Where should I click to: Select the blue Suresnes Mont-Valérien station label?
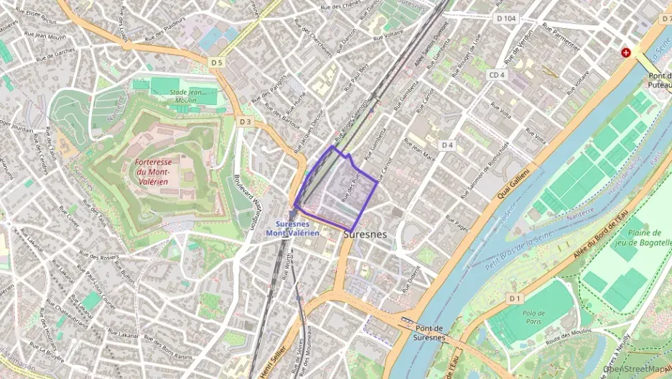(293, 228)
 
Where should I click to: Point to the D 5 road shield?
(217, 63)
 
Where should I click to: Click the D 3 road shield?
(246, 122)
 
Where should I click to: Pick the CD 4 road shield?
(498, 75)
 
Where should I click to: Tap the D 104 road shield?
(505, 18)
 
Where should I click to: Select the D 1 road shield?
(513, 298)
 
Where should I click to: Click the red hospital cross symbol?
(626, 53)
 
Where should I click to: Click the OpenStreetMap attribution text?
(637, 370)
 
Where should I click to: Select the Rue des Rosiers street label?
(98, 256)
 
